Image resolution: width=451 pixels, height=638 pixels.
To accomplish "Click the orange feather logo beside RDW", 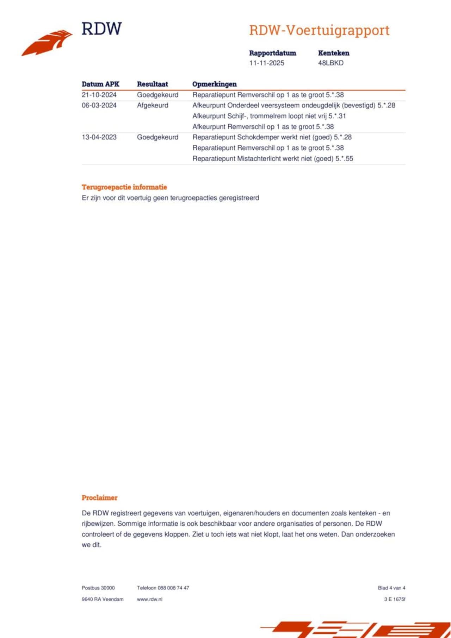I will tap(48, 42).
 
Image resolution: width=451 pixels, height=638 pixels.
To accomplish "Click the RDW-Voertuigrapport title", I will tap(319, 30).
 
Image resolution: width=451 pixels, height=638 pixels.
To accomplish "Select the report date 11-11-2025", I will tap(266, 63).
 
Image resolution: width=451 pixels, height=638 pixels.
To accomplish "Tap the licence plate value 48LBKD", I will tap(330, 63).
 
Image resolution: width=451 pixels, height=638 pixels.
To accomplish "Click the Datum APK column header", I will tap(100, 84).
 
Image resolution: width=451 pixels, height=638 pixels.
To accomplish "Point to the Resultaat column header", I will tap(152, 84).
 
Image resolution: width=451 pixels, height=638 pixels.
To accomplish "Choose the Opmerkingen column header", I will tap(214, 84).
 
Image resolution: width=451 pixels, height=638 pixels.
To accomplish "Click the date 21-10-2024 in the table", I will tap(99, 95).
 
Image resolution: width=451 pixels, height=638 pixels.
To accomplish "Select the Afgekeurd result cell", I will tap(153, 105).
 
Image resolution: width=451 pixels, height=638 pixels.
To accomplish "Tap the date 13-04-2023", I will tap(99, 137).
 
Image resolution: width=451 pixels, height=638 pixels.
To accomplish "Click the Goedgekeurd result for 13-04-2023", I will tap(157, 137).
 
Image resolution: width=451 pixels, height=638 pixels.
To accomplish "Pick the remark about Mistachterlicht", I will tap(273, 158).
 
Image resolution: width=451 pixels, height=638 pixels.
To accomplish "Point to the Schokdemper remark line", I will tap(272, 137).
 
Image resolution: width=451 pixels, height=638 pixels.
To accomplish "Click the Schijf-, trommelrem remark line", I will tap(269, 116).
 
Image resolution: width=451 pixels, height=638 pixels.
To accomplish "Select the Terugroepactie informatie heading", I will tap(124, 187).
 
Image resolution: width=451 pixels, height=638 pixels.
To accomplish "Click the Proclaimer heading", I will tap(99, 498).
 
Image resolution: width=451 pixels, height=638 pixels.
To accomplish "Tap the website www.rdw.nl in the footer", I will tap(150, 599).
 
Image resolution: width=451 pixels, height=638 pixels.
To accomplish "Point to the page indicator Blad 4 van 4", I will tap(391, 588).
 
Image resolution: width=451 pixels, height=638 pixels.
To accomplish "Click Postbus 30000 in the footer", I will tap(98, 588).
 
